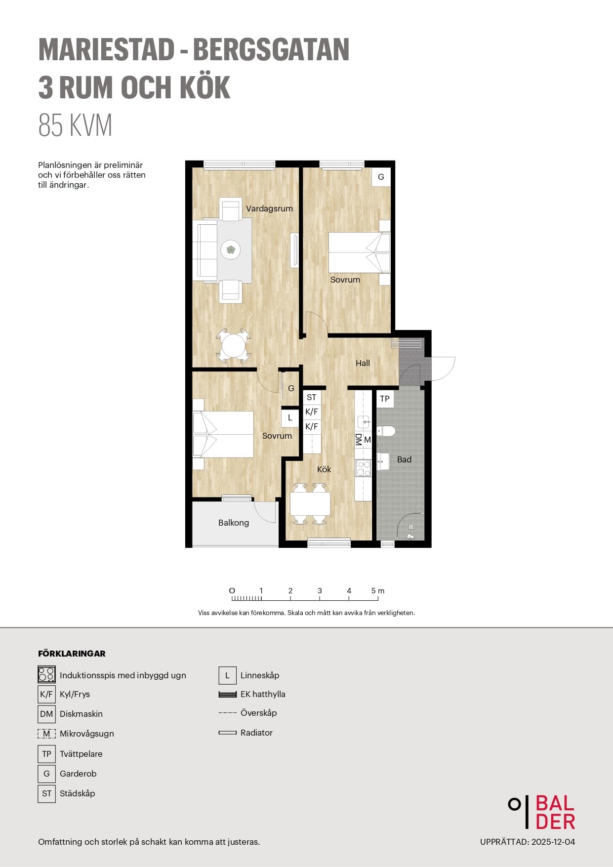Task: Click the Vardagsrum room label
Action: click(x=269, y=208)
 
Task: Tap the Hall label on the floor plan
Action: click(x=363, y=363)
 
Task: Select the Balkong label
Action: click(x=234, y=523)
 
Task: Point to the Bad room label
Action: click(x=404, y=459)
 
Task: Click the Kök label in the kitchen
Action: click(x=324, y=469)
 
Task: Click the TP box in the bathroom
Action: click(x=385, y=399)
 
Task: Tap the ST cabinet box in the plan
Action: click(x=312, y=397)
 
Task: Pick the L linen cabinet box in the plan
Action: click(x=290, y=417)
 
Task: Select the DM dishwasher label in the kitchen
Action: click(x=359, y=440)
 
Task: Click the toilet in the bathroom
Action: click(x=386, y=431)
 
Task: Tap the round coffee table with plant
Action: click(x=231, y=249)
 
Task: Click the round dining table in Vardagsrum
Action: click(x=234, y=346)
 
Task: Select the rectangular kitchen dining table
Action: click(x=310, y=504)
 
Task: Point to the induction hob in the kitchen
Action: click(x=363, y=468)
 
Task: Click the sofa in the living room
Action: click(x=207, y=250)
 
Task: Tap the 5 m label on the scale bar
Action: click(x=378, y=591)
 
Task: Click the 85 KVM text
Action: click(x=76, y=125)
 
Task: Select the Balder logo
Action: click(x=542, y=812)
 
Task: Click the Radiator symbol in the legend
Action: click(x=228, y=733)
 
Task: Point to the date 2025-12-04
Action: click(x=553, y=842)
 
